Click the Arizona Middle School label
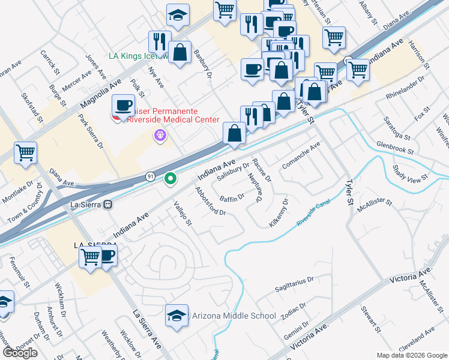pyautogui.click(x=234, y=316)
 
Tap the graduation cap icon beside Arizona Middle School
pyautogui.click(x=177, y=316)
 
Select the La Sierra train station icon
pyautogui.click(x=108, y=204)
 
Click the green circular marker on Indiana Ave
pyautogui.click(x=170, y=178)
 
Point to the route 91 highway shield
pyautogui.click(x=150, y=176)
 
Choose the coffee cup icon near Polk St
pyautogui.click(x=124, y=106)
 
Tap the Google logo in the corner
pyautogui.click(x=20, y=353)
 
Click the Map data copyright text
pyautogui.click(x=411, y=355)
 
